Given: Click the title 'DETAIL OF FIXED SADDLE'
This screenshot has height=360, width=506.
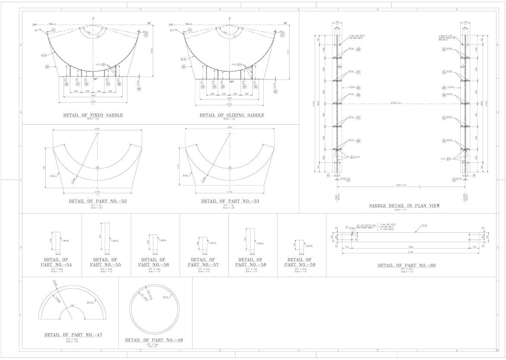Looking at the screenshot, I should click(93, 115).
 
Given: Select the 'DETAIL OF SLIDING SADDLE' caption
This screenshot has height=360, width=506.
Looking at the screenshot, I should click(231, 115).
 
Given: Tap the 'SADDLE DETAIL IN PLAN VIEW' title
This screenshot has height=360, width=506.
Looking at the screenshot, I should click(404, 205).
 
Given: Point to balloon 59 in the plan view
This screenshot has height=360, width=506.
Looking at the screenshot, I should click(358, 95).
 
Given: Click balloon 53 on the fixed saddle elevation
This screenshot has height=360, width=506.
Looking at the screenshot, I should click(47, 67).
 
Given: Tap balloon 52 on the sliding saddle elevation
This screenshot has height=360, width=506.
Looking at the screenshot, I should click(183, 67).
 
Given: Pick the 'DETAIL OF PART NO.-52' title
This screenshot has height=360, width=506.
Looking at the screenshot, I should click(98, 201).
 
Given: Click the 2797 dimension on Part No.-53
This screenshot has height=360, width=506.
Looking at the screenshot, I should click(229, 128).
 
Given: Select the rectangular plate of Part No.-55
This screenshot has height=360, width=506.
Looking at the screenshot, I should click(106, 237).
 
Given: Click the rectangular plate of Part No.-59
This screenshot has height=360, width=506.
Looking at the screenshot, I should click(300, 245).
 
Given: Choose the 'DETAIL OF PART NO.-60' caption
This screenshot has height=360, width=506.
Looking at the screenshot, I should click(406, 265).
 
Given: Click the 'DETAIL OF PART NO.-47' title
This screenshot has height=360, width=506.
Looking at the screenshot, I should click(73, 335).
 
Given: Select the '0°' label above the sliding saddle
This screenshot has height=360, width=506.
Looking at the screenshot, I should click(230, 19).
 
